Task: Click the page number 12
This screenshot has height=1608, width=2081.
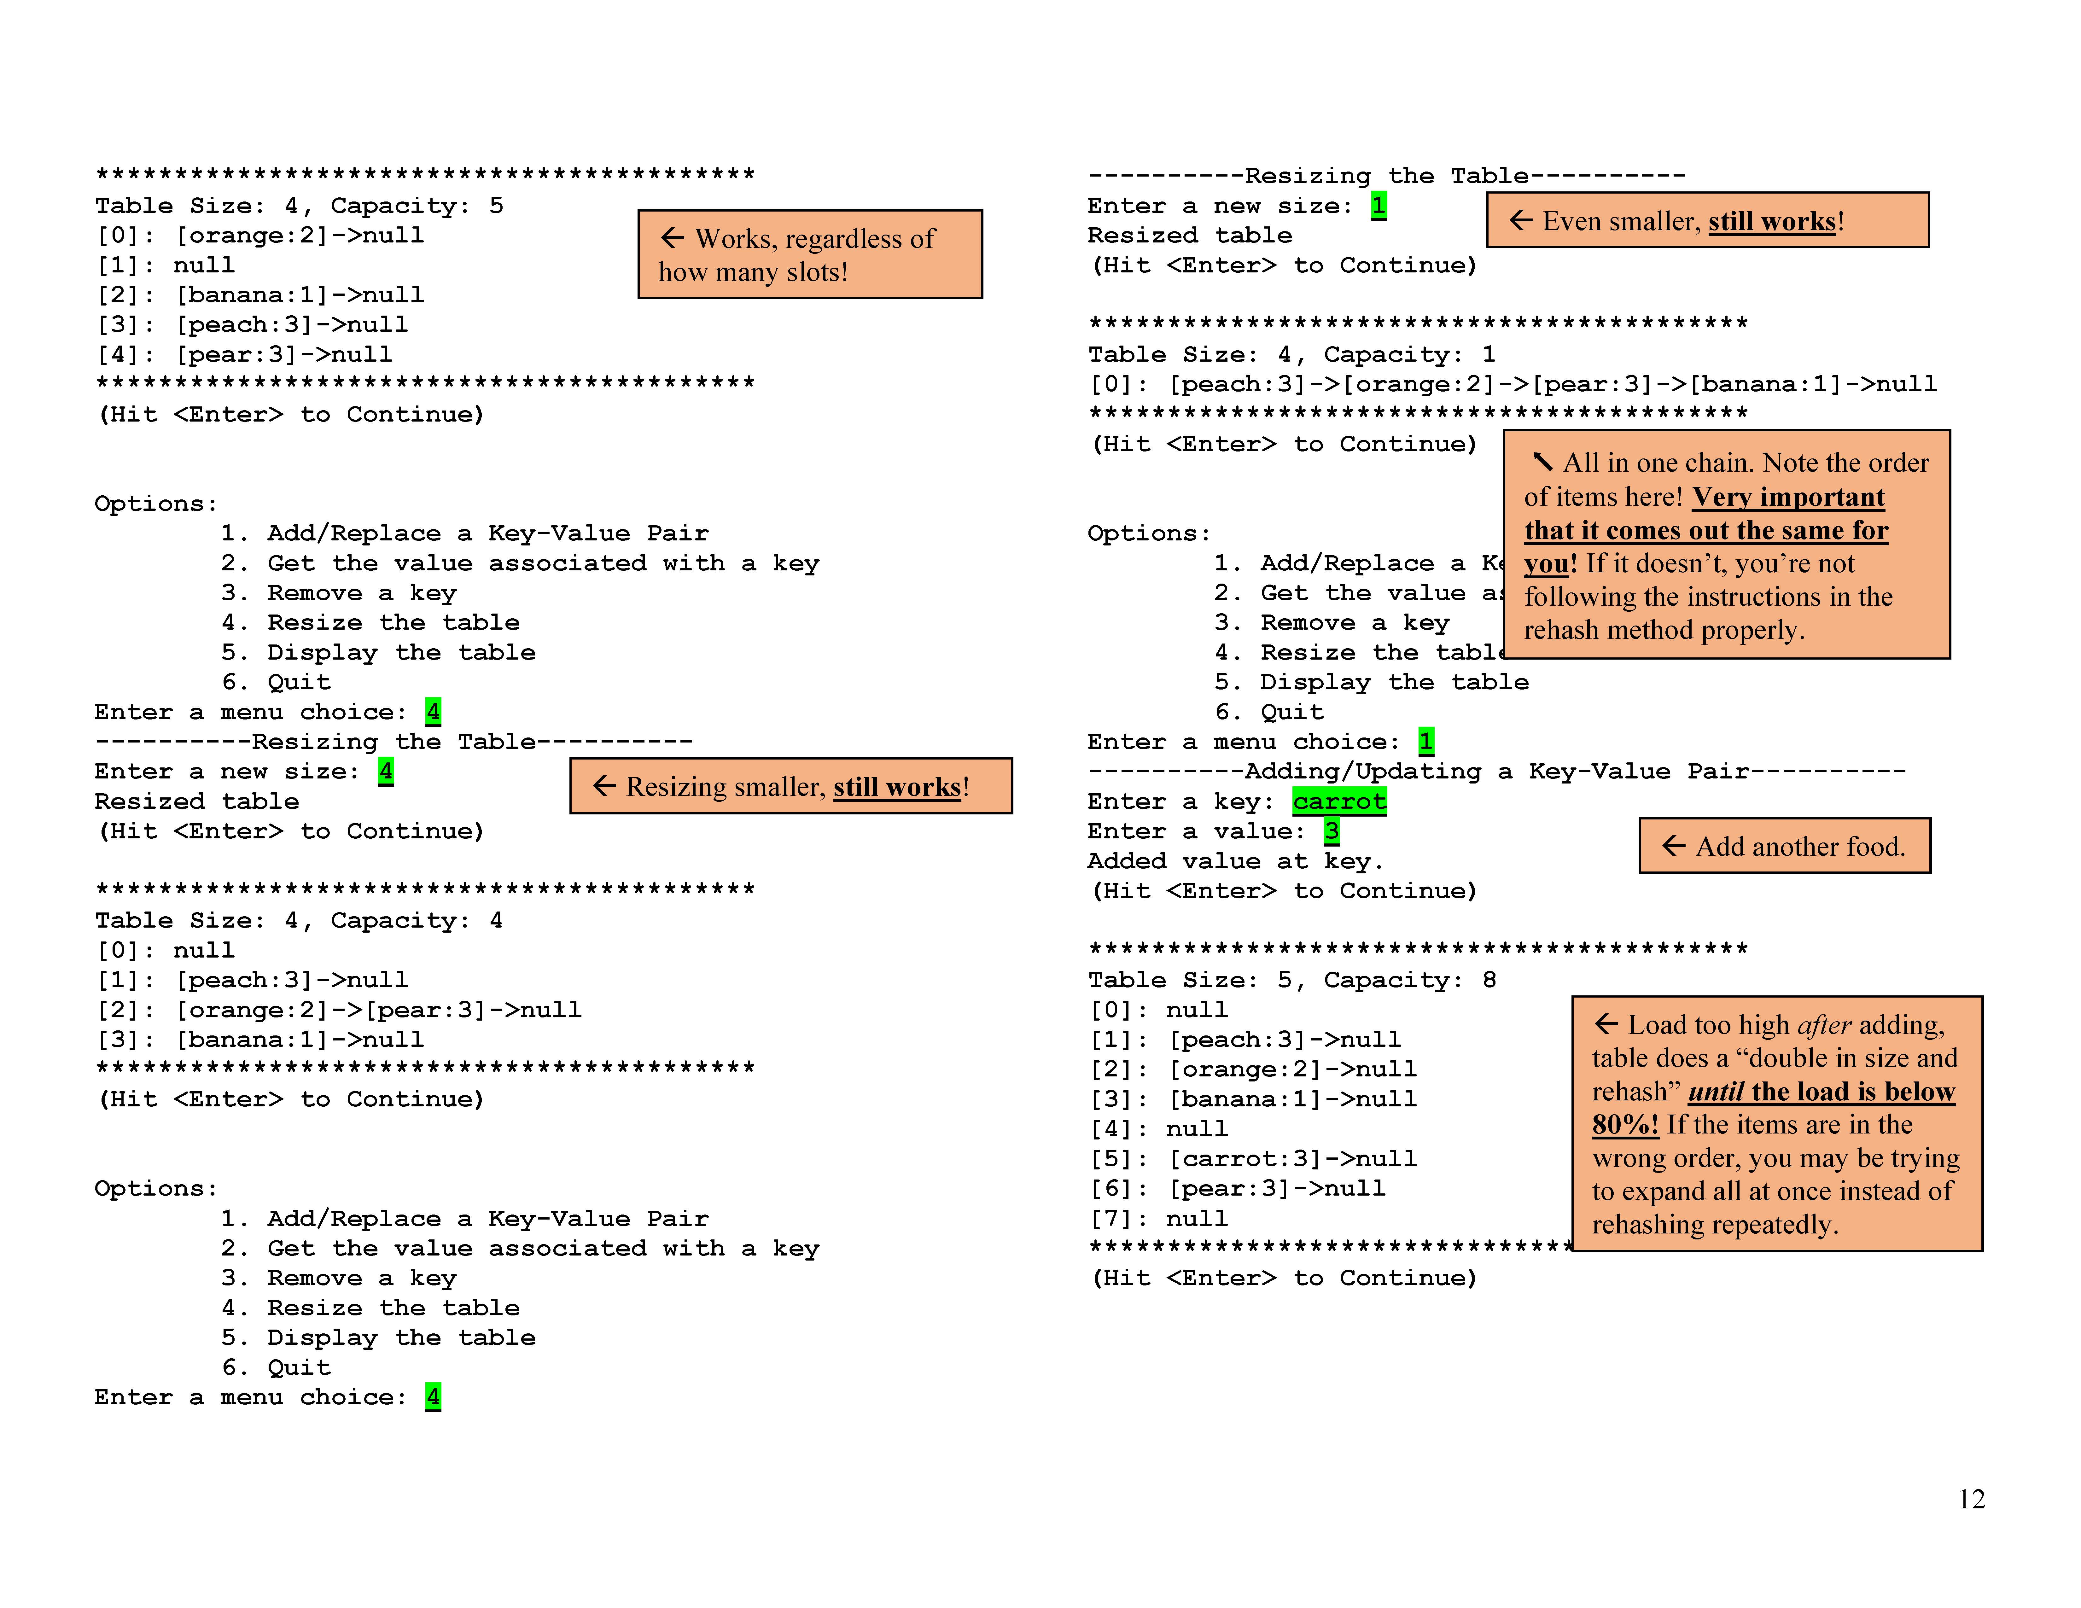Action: (1970, 1500)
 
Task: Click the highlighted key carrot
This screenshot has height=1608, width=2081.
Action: (1339, 801)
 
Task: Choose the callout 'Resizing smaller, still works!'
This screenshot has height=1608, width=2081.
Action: (791, 787)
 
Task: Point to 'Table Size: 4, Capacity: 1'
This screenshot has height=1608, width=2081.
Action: (1291, 354)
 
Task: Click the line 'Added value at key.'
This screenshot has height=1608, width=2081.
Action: (1235, 861)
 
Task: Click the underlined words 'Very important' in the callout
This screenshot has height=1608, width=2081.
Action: (1787, 497)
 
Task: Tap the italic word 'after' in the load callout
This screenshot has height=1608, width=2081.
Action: (1824, 1025)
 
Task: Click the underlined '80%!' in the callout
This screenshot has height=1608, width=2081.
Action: (1624, 1125)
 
